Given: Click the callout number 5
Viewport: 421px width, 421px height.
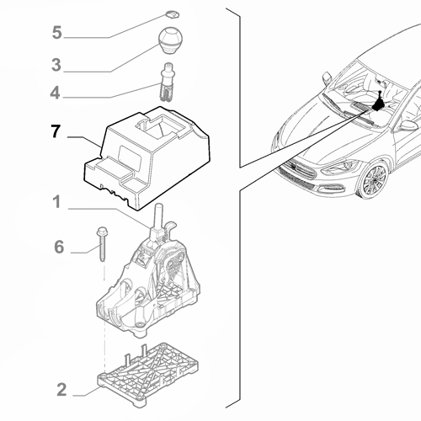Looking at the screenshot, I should click(56, 33).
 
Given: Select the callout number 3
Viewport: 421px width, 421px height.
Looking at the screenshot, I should click(56, 64).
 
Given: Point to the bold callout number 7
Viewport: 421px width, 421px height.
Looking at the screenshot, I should click(56, 133).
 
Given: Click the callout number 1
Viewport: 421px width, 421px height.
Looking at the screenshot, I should click(56, 202).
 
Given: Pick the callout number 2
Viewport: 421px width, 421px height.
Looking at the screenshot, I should click(61, 389).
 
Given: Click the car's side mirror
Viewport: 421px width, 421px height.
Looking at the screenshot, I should click(408, 126).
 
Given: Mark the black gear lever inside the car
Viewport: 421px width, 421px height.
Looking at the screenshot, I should click(380, 105).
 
